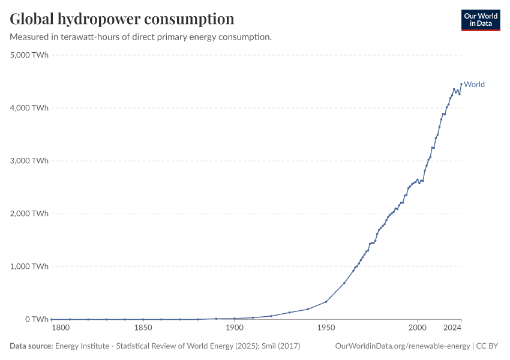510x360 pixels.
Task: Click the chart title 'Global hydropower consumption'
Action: click(122, 19)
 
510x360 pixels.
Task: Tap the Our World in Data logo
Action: click(480, 20)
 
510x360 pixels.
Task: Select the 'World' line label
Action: click(474, 85)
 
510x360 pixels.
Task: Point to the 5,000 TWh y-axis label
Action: click(29, 55)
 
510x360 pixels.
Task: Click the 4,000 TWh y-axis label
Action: click(29, 108)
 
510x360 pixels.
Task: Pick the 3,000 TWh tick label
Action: click(29, 161)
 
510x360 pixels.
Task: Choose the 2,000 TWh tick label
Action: click(29, 214)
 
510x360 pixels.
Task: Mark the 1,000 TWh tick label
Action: click(29, 266)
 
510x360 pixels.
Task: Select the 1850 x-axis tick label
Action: click(143, 328)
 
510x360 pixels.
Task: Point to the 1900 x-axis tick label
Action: click(234, 328)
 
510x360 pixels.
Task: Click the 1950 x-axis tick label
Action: click(326, 328)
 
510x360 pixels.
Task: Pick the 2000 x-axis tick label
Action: click(417, 328)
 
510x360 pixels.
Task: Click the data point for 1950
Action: click(326, 302)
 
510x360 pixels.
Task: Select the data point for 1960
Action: click(344, 283)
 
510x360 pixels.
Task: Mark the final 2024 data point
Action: click(461, 84)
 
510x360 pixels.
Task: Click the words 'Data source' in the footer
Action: click(31, 346)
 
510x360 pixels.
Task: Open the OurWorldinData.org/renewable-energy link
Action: click(402, 346)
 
